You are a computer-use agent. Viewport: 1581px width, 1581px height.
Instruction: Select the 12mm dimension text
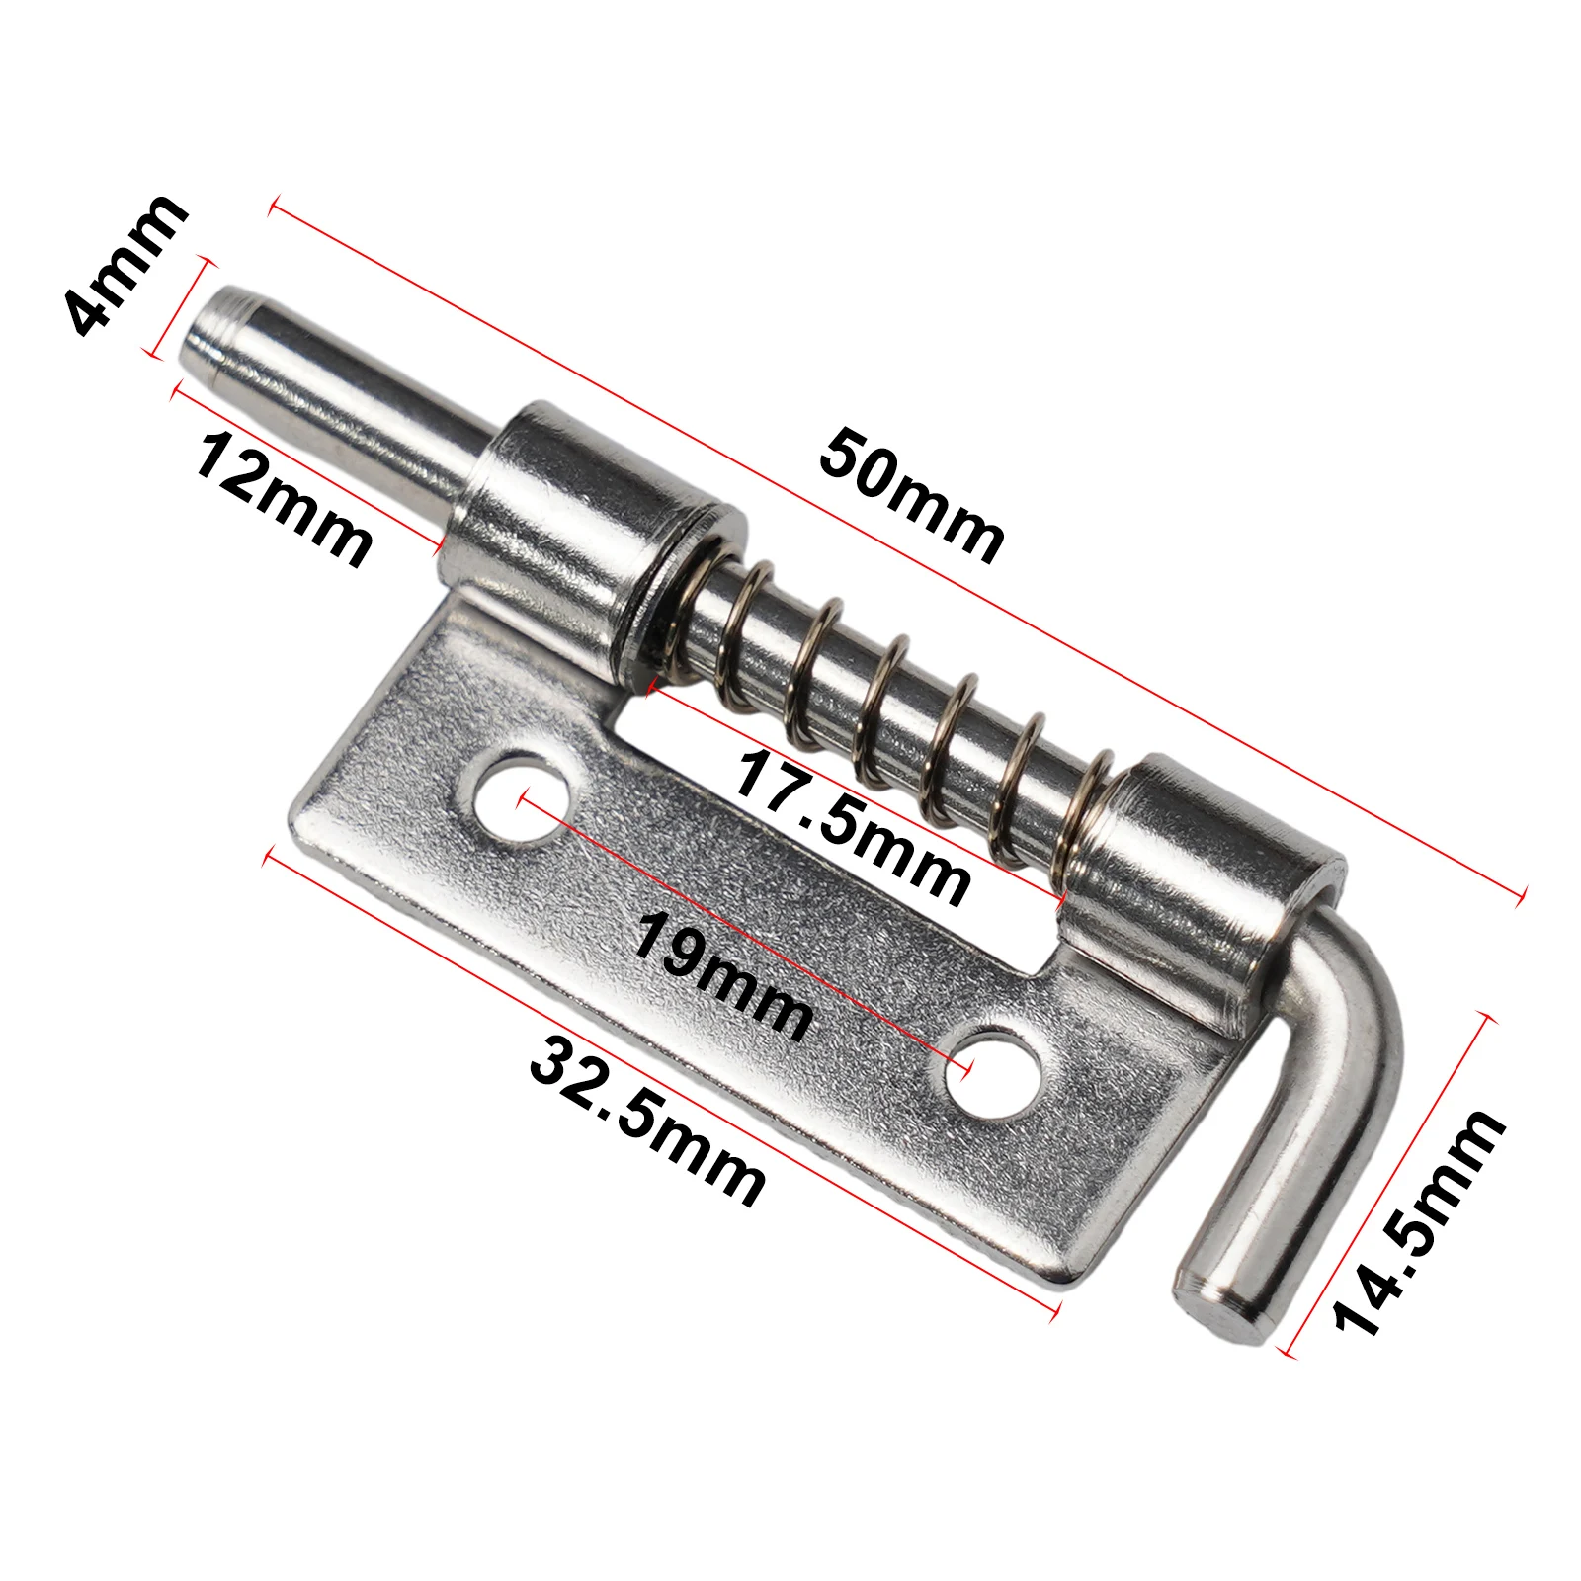(x=283, y=499)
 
